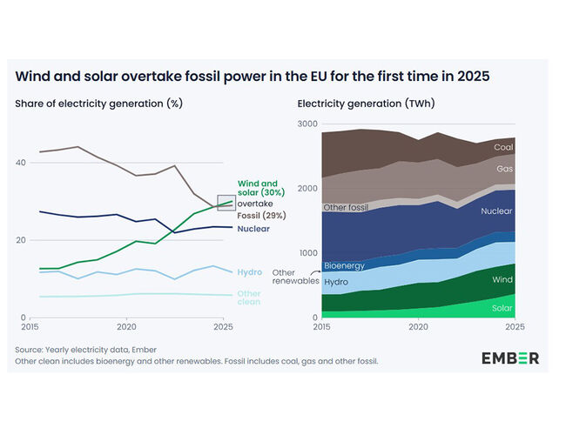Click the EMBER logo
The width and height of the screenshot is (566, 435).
509,358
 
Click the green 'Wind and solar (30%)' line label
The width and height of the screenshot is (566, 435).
258,188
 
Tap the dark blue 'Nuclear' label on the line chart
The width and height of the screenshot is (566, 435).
254,229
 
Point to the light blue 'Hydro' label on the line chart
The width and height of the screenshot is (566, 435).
249,272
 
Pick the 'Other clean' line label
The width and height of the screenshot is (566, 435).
249,298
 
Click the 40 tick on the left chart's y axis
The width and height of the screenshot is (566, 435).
21,163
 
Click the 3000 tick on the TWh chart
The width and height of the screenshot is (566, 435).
307,124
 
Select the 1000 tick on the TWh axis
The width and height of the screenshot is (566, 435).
307,253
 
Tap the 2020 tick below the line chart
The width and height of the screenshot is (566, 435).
126,326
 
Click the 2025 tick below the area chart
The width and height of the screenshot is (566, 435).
514,326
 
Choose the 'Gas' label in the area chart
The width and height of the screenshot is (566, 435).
503,168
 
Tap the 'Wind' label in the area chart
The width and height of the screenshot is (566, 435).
503,280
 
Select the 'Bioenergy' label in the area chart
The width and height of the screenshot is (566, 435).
344,265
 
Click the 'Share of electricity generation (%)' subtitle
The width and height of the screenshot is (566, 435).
98,104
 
